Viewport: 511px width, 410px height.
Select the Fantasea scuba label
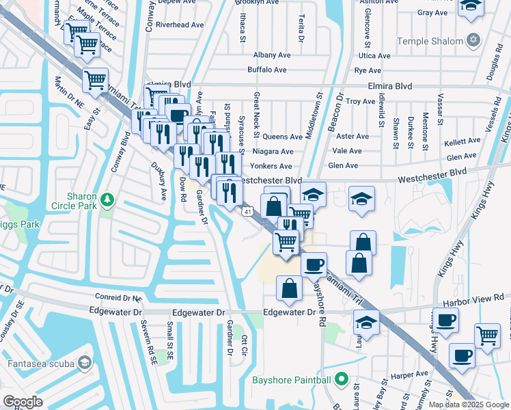(38, 361)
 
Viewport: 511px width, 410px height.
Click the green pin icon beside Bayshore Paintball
(342, 379)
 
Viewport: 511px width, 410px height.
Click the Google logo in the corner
(23, 401)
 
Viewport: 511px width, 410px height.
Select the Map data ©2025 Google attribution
(469, 405)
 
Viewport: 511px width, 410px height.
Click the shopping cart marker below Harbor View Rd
(487, 336)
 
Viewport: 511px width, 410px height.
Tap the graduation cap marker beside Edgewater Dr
(367, 323)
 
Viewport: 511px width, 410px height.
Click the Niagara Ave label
(273, 152)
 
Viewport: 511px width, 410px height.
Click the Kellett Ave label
(462, 141)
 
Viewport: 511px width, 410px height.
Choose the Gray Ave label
(432, 12)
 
